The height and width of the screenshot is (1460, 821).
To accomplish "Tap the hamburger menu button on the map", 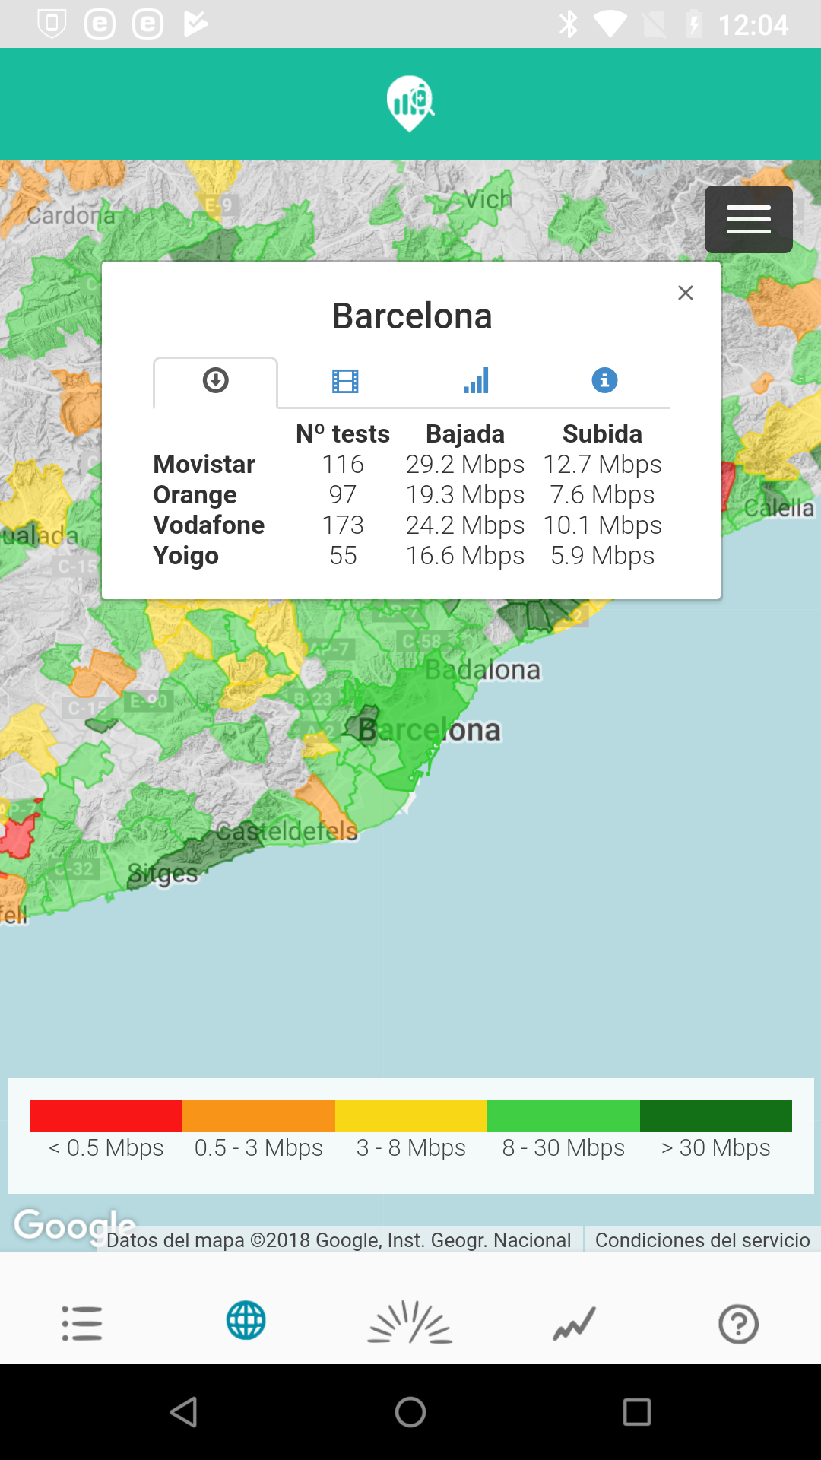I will coord(748,219).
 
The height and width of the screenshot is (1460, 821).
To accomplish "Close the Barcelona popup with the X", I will coord(685,293).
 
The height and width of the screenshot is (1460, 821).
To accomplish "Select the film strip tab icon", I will coord(345,380).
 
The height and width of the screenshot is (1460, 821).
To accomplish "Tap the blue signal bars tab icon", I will coord(476,380).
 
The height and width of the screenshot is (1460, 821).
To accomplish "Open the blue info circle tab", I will coord(604,379).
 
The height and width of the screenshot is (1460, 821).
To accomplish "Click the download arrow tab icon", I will coord(216,380).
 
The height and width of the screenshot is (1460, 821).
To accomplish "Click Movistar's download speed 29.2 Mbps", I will coord(464,464).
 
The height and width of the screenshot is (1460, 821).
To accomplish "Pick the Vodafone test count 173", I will coord(343,525).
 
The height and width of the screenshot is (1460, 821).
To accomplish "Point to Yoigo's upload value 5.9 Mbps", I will coord(602,555).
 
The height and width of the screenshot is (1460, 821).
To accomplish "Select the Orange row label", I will coord(195,494).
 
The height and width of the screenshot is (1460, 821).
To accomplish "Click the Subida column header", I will coord(602,433).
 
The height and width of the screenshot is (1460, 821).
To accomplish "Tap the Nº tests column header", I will coord(343,433).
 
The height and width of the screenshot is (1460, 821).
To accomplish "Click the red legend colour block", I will coord(106,1116).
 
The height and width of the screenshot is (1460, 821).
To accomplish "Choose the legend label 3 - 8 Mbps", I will coord(410,1147).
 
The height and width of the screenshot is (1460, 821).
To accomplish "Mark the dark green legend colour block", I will coord(715,1116).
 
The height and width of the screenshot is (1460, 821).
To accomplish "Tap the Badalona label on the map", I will coord(483,669).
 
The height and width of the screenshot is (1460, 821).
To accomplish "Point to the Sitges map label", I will coord(163,874).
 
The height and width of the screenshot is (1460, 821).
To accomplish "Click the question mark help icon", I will coord(738,1324).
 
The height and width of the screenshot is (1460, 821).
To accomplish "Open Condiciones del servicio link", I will coord(702,1240).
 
